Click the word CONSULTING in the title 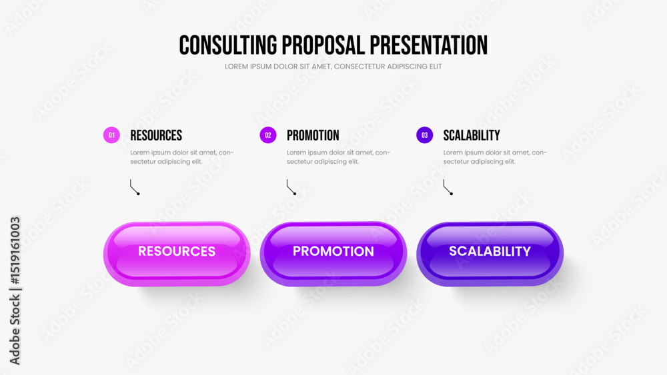tap(228, 45)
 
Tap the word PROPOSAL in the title tap(323, 45)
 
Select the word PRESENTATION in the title tap(428, 45)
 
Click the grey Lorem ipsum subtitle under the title tap(333, 67)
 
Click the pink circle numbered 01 tap(111, 135)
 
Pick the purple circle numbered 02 tap(268, 135)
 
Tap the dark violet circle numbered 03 tap(424, 135)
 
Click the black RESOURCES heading tap(156, 135)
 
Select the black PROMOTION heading tap(313, 135)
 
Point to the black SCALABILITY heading tap(472, 135)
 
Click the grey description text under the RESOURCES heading tap(182, 157)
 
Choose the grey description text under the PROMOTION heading tap(339, 157)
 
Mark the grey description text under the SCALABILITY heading tap(495, 157)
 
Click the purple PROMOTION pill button tap(333, 254)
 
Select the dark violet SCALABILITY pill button tap(490, 254)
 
